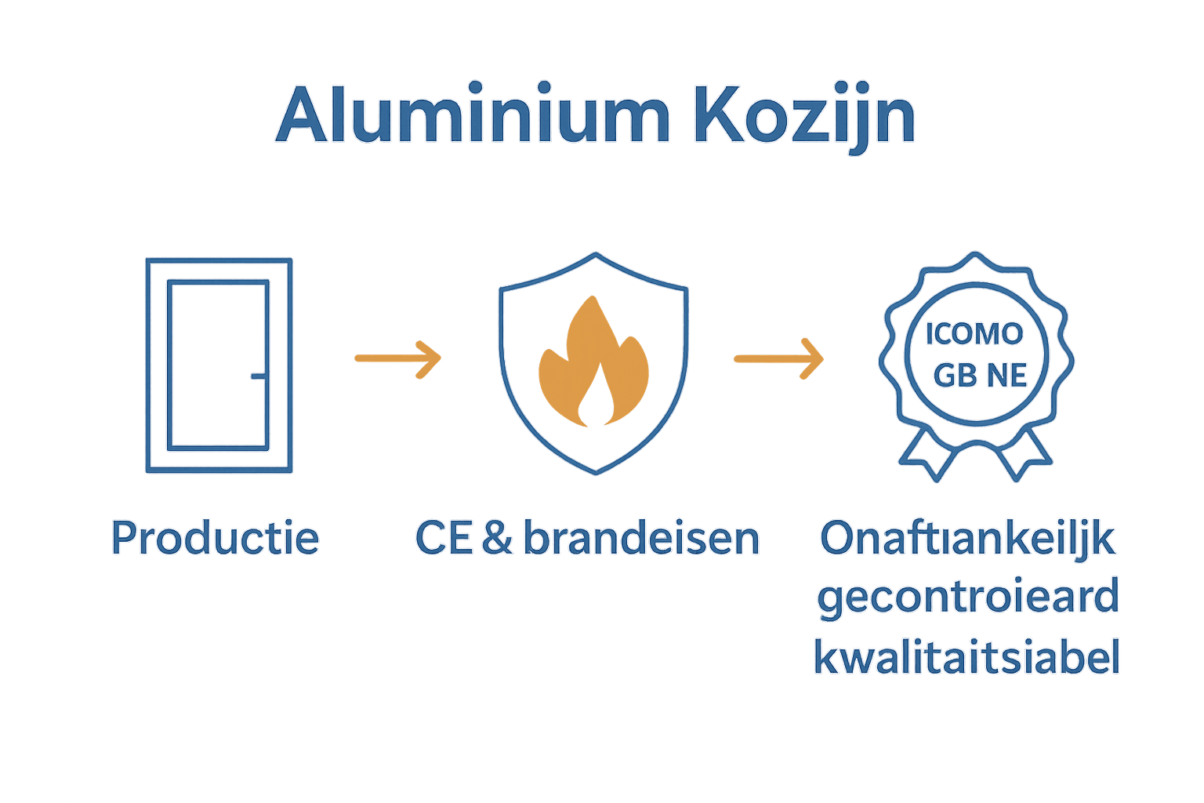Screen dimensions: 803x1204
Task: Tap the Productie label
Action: click(x=215, y=538)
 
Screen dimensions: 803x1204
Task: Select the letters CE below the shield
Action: click(x=444, y=538)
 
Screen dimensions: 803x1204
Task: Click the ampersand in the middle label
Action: click(x=497, y=538)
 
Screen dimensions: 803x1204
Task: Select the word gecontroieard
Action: click(x=967, y=598)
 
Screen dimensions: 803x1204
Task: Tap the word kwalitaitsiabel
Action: click(x=967, y=657)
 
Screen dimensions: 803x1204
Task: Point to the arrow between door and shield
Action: click(x=397, y=358)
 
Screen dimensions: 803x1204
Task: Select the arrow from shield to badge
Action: click(x=778, y=358)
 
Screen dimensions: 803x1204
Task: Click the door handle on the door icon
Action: click(x=258, y=376)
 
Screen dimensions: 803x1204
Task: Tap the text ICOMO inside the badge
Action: click(x=974, y=334)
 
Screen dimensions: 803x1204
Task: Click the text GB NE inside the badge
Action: click(x=980, y=376)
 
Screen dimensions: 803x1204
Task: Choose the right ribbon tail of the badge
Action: click(x=1025, y=458)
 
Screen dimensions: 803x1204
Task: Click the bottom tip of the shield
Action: click(x=597, y=473)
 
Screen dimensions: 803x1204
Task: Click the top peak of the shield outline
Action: click(x=596, y=254)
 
